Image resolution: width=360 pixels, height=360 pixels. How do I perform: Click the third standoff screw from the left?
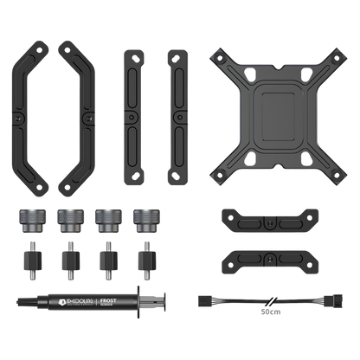tap(106, 258)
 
